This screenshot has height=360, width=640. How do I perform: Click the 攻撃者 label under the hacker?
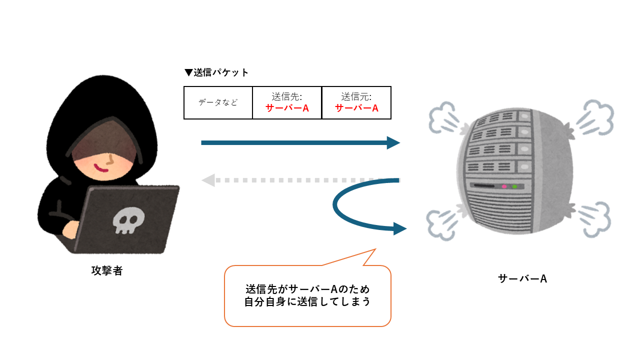(x=107, y=271)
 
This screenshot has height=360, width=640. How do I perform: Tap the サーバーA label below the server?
(x=522, y=278)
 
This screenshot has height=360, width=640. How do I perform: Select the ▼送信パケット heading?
(x=216, y=72)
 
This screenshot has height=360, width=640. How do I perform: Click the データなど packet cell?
(x=218, y=102)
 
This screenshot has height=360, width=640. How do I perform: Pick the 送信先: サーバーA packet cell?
(x=287, y=102)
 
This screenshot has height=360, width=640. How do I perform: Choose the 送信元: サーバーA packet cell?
(x=356, y=102)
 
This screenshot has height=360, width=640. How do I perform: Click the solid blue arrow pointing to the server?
(x=300, y=143)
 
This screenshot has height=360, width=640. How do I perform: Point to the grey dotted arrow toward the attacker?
(x=300, y=180)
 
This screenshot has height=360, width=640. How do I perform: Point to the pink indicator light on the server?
(x=504, y=186)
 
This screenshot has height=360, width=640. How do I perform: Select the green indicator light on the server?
(x=514, y=186)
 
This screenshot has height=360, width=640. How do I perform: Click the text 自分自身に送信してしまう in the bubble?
(x=307, y=303)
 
